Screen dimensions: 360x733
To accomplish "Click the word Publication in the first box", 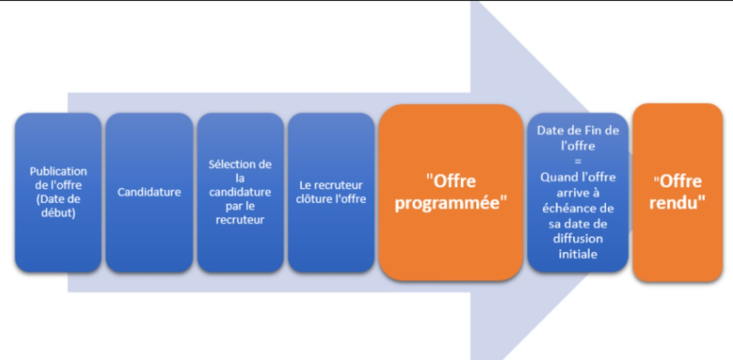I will click(x=58, y=171).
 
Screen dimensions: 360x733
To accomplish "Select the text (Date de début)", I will click(x=58, y=206).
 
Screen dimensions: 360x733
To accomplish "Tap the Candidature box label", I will click(x=149, y=192).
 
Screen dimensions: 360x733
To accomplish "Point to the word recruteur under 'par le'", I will click(x=240, y=220).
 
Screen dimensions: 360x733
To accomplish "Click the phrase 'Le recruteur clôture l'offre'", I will click(x=331, y=192).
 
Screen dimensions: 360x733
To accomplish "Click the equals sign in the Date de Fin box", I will click(x=578, y=161).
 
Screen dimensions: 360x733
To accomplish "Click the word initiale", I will click(x=578, y=254).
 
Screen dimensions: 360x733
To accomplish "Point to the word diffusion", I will click(x=578, y=239).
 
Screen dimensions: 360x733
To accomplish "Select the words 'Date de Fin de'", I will click(x=578, y=131).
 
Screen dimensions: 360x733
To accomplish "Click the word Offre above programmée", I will click(x=453, y=181).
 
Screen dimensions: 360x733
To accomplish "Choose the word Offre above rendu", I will click(x=679, y=181).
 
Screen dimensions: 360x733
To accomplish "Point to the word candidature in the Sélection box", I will click(x=240, y=193).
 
